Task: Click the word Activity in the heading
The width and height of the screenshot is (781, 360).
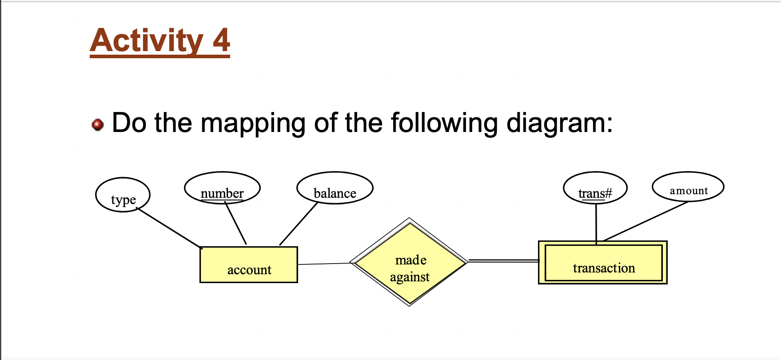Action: pos(147,41)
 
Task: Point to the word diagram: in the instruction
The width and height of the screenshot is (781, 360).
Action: pos(559,123)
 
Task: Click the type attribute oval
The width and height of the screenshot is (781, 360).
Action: pos(123,195)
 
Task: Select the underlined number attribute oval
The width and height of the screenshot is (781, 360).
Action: pos(222,188)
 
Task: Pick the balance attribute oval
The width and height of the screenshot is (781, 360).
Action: pos(335,188)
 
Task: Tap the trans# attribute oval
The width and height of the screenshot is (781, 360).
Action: pos(595,188)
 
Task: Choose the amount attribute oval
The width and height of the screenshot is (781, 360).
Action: pos(688,187)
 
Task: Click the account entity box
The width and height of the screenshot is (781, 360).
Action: pos(249,265)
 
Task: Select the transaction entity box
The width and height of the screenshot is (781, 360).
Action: pos(603,263)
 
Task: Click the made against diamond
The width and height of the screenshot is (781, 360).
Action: pos(409,262)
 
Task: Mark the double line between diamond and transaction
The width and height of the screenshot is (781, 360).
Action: pos(503,261)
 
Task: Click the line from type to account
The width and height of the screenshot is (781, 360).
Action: pos(169,228)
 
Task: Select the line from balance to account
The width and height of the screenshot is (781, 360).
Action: pos(299,224)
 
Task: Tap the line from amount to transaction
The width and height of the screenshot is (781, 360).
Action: pos(645,221)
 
